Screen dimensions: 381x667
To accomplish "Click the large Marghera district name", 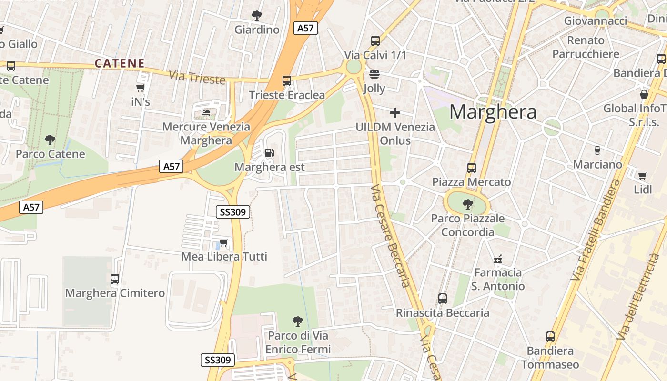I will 493,112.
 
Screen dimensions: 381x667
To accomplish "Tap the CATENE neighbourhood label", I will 120,63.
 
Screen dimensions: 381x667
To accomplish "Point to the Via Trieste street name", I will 197,77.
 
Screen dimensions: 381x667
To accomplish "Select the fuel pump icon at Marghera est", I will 269,153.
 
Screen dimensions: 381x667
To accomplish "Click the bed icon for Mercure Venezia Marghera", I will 206,113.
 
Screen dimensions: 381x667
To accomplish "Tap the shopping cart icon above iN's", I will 140,88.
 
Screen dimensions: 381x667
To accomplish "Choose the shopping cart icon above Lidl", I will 642,176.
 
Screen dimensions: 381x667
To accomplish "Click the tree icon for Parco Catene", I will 50,140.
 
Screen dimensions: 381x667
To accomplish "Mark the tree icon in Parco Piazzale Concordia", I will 467,204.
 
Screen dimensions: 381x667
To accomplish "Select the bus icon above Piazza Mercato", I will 471,168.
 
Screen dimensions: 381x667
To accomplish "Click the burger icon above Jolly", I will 374,74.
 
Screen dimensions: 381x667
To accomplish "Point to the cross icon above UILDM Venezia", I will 394,113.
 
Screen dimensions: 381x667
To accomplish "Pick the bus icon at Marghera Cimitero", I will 114,279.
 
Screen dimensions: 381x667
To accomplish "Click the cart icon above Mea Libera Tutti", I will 223,243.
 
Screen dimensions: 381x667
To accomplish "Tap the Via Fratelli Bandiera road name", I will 596,230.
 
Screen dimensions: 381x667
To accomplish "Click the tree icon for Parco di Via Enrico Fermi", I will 297,321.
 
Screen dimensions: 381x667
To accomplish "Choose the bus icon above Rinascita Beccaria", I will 442,299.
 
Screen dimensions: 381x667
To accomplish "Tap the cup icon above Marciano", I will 597,150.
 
